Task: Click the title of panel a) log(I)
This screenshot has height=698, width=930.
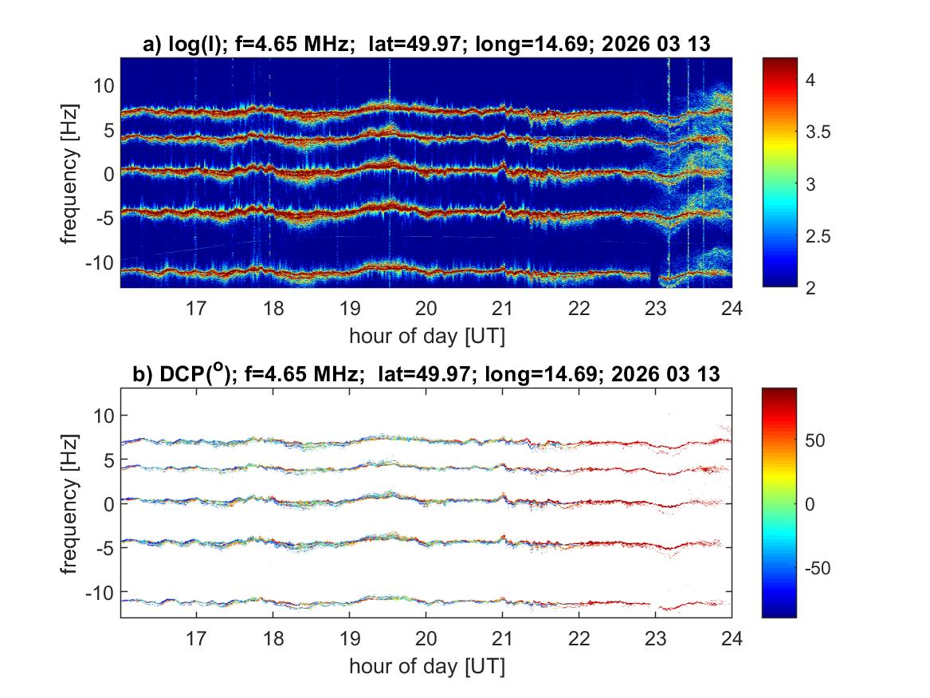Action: [426, 46]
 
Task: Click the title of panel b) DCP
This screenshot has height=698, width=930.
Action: [426, 373]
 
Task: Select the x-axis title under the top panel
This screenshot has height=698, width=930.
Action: [426, 336]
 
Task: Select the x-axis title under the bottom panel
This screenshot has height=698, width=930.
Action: [426, 664]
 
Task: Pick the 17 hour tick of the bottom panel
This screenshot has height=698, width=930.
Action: [197, 637]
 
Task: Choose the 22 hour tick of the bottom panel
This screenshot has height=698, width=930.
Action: [579, 637]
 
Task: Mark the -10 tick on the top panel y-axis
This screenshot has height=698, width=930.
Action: [100, 262]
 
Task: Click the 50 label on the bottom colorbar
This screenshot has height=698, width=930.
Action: [818, 440]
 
